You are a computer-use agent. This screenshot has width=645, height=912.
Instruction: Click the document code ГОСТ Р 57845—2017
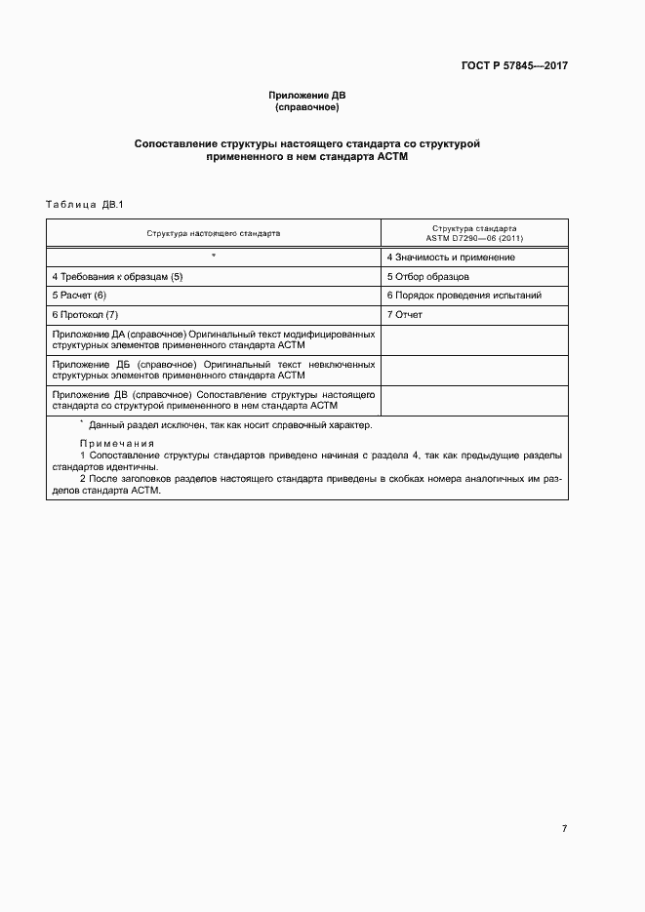pos(513,66)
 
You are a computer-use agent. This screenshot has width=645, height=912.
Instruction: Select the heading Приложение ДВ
pos(307,95)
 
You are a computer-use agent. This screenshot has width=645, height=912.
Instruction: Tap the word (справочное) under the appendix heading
pos(307,106)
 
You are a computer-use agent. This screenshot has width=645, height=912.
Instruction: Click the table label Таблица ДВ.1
pos(81,204)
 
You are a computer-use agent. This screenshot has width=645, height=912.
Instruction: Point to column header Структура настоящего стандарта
pos(214,234)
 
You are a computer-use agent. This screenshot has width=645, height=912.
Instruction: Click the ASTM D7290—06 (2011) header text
pos(474,239)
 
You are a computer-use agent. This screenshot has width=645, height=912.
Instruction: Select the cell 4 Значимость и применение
pos(451,258)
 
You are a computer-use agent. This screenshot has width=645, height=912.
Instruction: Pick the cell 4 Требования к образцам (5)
pos(117,277)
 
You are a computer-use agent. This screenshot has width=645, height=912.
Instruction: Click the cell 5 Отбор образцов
pos(428,277)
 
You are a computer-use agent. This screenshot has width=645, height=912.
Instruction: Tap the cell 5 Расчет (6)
pos(79,296)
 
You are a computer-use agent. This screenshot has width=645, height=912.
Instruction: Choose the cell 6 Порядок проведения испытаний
pos(464,296)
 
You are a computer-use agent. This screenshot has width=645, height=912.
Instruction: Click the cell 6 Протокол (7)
pos(85,315)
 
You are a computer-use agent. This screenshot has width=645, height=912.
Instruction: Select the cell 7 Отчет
pos(405,315)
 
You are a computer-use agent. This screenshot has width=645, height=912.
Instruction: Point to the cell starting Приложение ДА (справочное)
pos(214,340)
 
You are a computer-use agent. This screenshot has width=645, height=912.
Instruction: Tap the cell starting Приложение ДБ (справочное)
pos(214,370)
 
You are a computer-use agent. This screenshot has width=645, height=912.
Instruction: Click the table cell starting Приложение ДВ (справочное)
pos(214,400)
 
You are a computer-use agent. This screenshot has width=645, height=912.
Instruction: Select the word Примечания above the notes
pos(116,443)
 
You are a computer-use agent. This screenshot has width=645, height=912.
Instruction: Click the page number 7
pos(564,829)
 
